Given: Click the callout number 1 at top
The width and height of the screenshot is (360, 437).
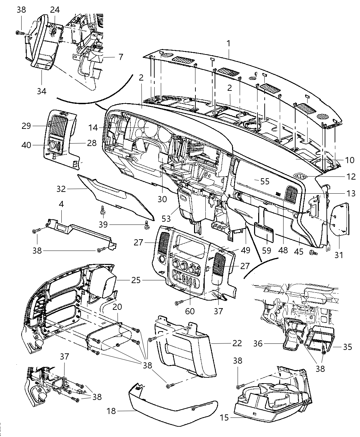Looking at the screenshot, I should coord(228,44).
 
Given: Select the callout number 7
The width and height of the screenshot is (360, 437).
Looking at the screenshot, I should coord(120,57).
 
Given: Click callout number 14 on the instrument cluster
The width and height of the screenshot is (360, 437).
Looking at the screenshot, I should coord(93,128).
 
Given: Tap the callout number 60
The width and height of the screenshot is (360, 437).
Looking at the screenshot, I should coord(190,311).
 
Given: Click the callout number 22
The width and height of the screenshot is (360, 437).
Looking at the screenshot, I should coord(237,343).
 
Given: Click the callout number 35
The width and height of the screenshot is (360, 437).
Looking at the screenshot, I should coord(347,347).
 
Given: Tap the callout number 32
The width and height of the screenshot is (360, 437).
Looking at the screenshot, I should coord(61,189).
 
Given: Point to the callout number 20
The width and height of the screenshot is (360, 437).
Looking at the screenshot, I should coord(117,307).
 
